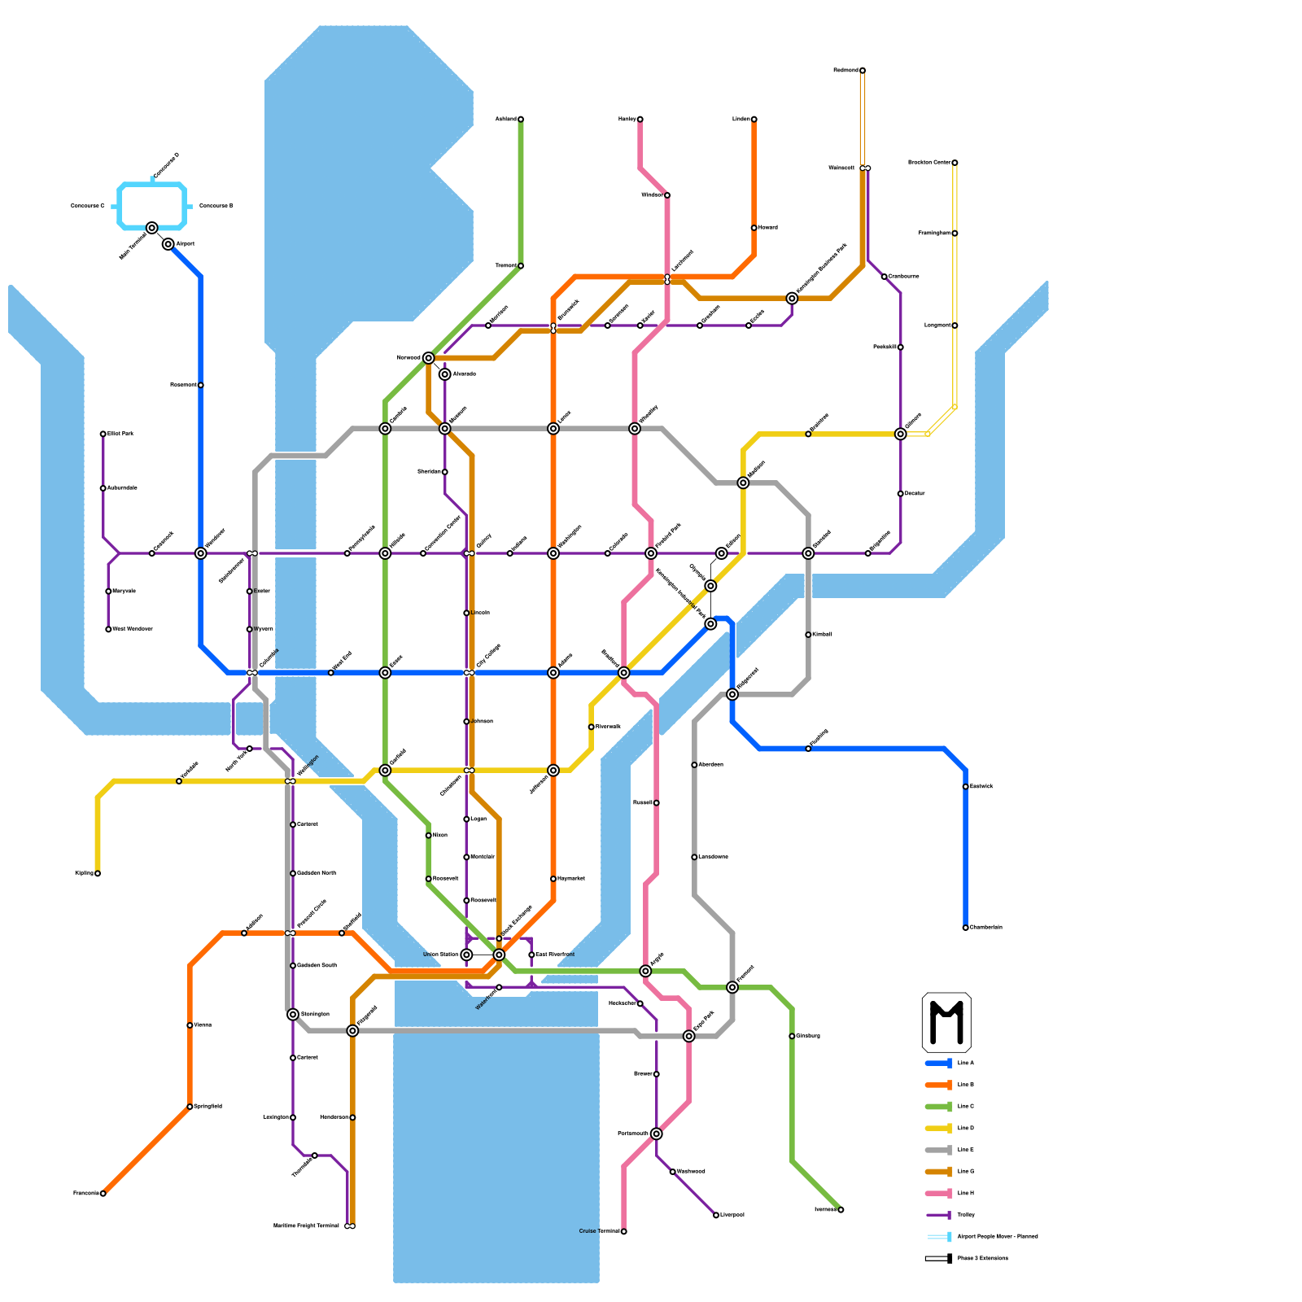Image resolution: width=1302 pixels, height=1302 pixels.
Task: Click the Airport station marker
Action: pyautogui.click(x=168, y=244)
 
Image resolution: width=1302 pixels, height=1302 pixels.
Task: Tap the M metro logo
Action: pyautogui.click(x=946, y=1022)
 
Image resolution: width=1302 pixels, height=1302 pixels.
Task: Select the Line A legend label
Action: pyautogui.click(x=966, y=1064)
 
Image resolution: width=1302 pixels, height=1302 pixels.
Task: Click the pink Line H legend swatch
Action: pyautogui.click(x=939, y=1194)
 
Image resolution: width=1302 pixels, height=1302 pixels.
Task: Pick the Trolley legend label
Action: pyautogui.click(x=966, y=1215)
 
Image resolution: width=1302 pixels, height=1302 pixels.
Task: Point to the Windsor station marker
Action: pyautogui.click(x=667, y=195)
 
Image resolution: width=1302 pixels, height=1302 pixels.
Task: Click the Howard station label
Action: pyautogui.click(x=768, y=228)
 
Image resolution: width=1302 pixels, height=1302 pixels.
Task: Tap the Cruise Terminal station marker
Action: pyautogui.click(x=624, y=1232)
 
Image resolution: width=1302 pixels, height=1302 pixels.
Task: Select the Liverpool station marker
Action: pyautogui.click(x=716, y=1216)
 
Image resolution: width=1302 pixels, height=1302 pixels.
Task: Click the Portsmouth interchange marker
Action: pyautogui.click(x=657, y=1134)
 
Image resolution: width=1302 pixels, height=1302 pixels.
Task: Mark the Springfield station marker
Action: pyautogui.click(x=190, y=1107)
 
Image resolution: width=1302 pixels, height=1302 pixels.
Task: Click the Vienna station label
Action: pyautogui.click(x=203, y=1025)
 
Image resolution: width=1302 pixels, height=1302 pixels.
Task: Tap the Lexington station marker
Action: pyautogui.click(x=293, y=1118)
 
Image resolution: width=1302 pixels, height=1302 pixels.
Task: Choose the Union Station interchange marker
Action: pyautogui.click(x=466, y=955)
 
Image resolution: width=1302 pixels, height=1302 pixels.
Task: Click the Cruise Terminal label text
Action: pyautogui.click(x=599, y=1232)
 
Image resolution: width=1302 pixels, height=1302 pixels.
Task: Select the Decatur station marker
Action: pyautogui.click(x=901, y=494)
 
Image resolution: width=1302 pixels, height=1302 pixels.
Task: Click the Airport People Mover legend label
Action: pyautogui.click(x=998, y=1237)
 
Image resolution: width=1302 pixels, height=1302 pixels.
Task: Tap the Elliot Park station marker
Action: pyautogui.click(x=103, y=435)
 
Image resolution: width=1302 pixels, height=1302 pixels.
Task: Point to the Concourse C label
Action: pyautogui.click(x=87, y=207)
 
